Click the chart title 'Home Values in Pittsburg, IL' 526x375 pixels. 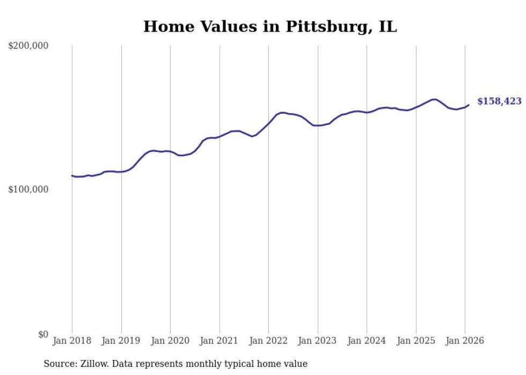tap(270, 27)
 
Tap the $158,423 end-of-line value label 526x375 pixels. tap(499, 101)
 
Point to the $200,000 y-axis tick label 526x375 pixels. tap(28, 46)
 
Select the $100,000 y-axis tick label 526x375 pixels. tap(28, 190)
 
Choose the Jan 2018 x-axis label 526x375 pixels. tap(72, 341)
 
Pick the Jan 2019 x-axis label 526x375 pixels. tap(121, 341)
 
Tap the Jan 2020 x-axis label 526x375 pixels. tap(170, 341)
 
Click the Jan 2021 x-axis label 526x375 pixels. tap(220, 341)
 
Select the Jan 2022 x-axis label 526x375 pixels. tap(268, 341)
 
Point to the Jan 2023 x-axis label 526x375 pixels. tap(318, 341)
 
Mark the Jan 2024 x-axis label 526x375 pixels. tap(367, 341)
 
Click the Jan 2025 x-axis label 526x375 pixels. tap(416, 341)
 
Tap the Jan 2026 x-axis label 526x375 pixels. tap(465, 341)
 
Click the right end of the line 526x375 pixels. tap(469, 105)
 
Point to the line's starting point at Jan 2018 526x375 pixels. tap(72, 175)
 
